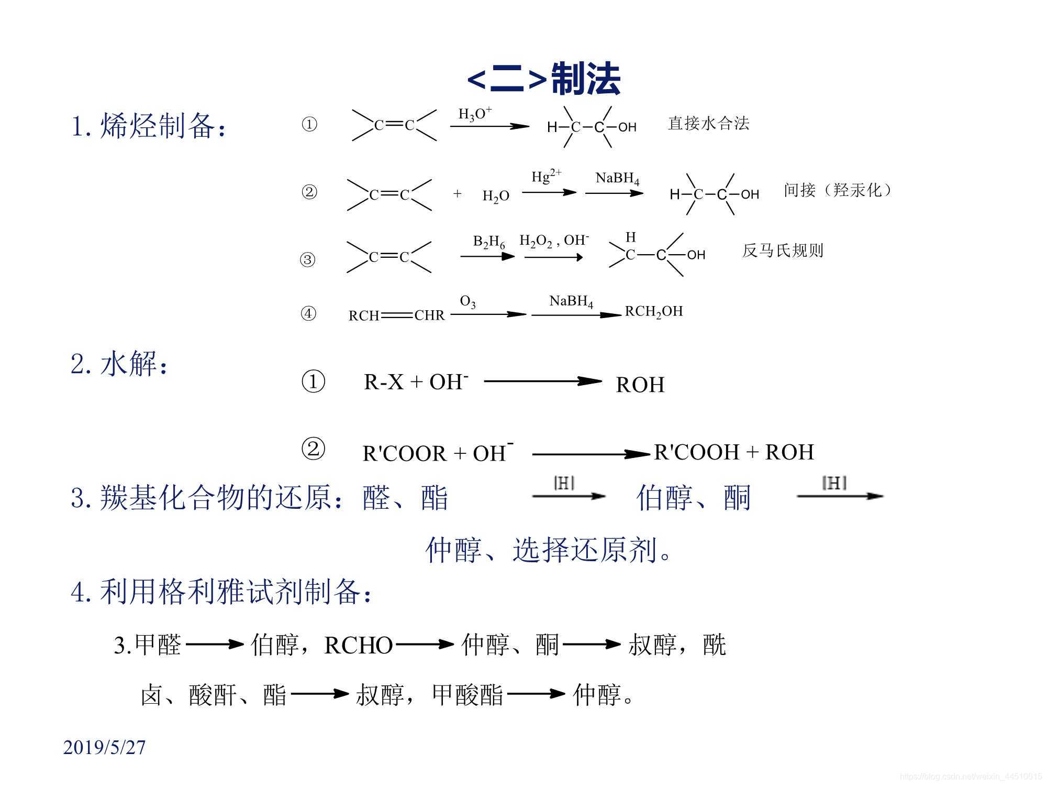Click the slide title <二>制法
[543, 79]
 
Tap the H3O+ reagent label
[474, 114]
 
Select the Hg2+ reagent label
[546, 177]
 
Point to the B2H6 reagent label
[489, 242]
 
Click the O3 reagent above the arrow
[467, 302]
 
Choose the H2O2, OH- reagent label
[554, 241]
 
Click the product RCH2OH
[654, 312]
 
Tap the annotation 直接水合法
[708, 124]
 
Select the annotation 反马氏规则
[782, 250]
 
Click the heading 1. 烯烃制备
[149, 126]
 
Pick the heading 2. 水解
[120, 364]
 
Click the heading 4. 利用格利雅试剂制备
[222, 592]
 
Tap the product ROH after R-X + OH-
[640, 385]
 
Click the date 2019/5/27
[104, 747]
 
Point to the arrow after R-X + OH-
[542, 381]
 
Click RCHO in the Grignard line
[358, 646]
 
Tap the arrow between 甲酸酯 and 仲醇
[536, 694]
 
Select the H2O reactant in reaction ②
[495, 196]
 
